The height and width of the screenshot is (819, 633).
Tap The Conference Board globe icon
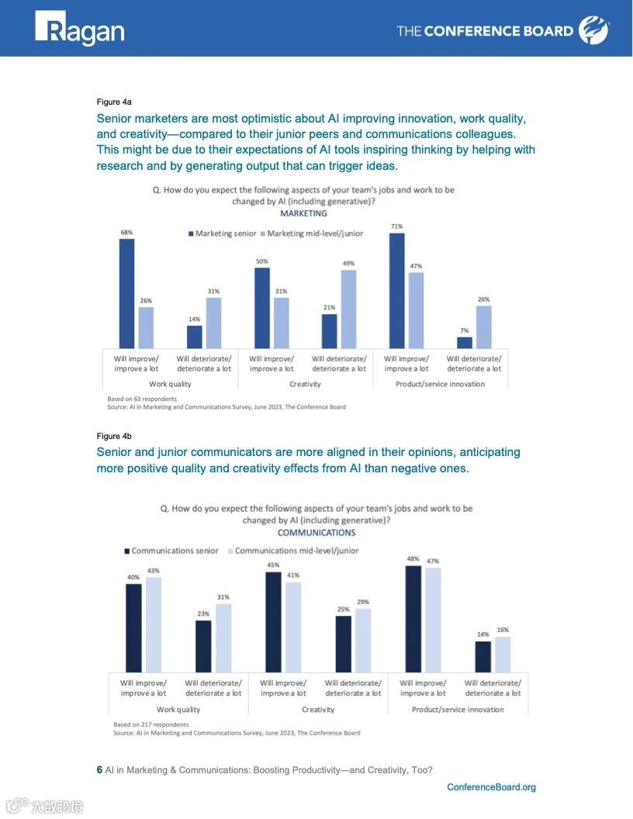pos(589,30)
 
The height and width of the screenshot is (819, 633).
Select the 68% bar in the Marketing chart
pos(126,293)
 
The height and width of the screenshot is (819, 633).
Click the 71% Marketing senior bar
pos(396,291)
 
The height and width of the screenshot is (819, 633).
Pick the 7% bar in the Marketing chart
pos(464,342)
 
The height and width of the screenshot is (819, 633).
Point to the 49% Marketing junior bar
pos(348,309)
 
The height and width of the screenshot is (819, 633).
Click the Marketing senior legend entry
pos(223,233)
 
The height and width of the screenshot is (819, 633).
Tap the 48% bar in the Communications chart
pos(413,618)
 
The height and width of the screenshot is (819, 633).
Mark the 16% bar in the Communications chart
pos(502,654)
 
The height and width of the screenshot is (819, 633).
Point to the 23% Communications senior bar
pos(203,645)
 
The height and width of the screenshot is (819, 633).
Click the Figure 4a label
pos(114,102)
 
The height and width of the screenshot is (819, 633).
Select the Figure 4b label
pos(114,436)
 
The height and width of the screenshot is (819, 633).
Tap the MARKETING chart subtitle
pos(303,213)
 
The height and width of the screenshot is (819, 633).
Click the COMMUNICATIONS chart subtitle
pos(316,533)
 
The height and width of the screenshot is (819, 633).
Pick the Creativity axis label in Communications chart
pos(318,710)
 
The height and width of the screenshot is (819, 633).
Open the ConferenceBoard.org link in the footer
pos(491,787)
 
